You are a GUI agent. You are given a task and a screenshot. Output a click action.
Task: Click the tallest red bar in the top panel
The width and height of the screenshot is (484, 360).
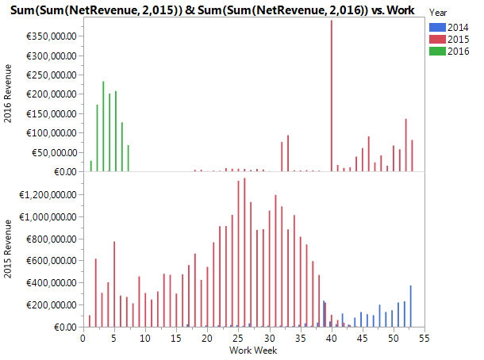(x=331, y=95)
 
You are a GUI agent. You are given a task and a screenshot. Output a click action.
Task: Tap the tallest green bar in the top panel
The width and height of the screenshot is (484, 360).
(x=103, y=127)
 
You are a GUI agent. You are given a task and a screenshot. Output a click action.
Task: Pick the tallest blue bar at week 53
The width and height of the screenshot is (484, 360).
(x=411, y=306)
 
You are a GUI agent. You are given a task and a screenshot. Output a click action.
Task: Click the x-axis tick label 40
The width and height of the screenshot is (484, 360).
(x=331, y=338)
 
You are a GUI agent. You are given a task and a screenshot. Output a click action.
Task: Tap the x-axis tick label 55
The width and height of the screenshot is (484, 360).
(x=424, y=338)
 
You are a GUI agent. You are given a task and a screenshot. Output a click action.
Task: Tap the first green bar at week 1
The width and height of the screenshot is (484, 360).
(x=91, y=166)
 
